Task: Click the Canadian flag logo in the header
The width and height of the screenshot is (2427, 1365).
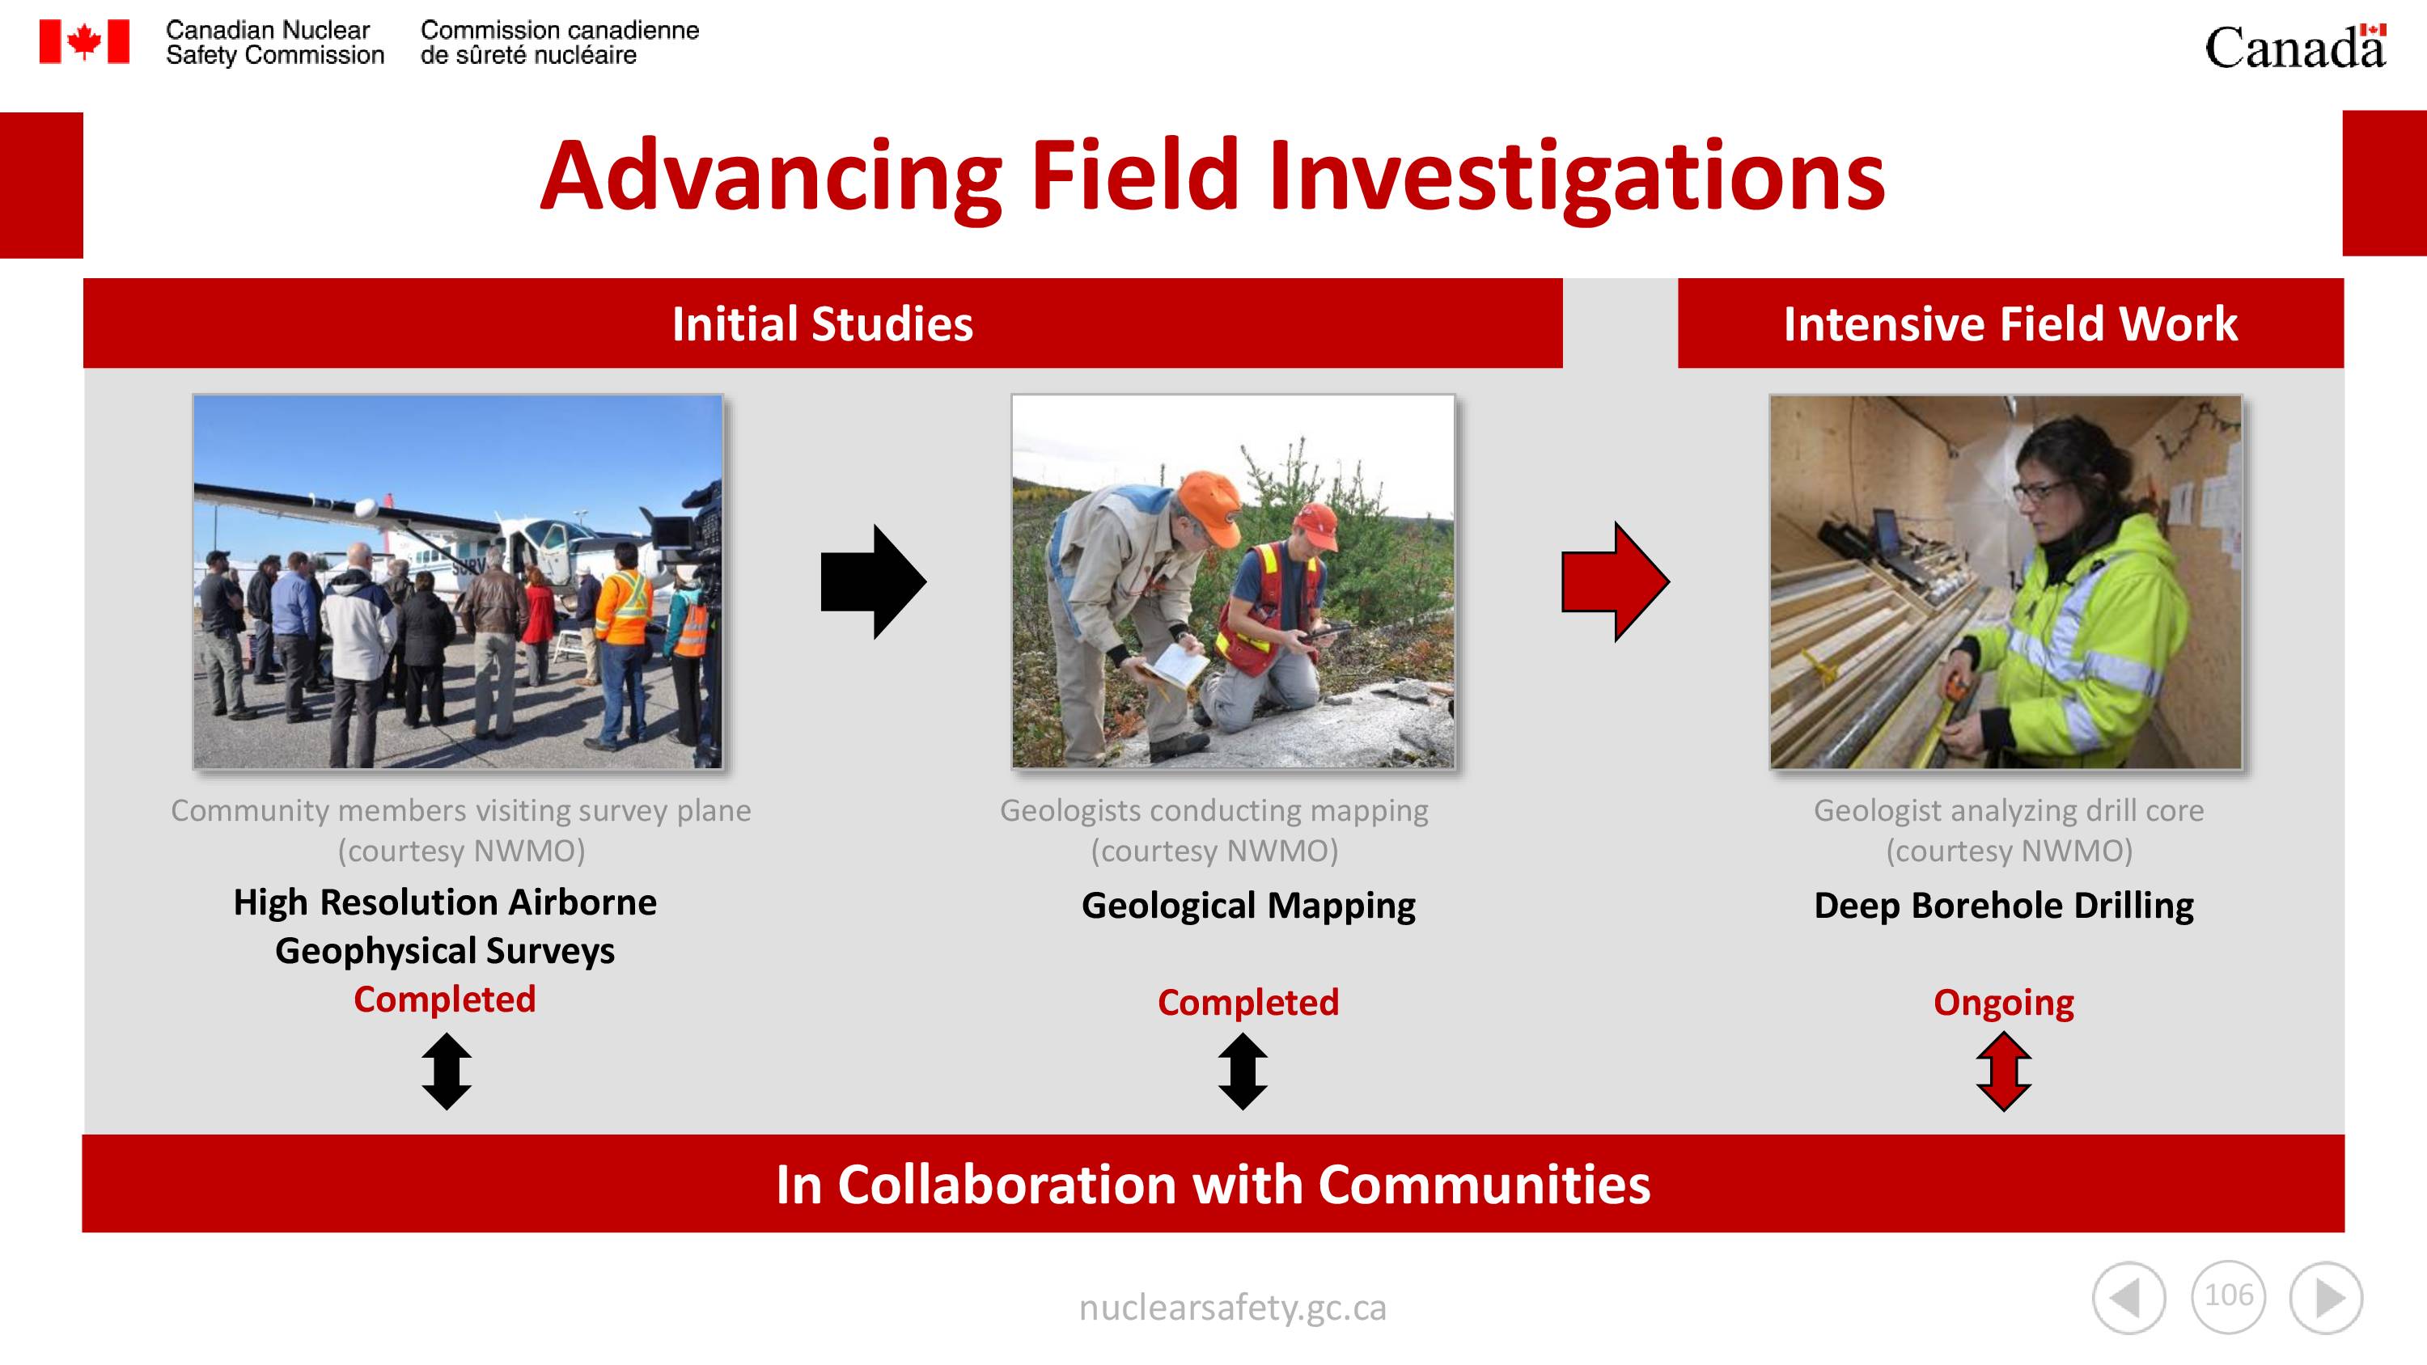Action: pos(84,41)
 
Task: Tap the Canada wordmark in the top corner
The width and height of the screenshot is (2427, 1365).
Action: pos(2295,46)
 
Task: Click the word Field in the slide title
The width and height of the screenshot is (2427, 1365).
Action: pos(1134,175)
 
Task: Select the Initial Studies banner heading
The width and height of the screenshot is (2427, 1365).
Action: pos(823,324)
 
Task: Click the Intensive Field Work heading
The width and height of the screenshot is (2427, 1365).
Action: pos(2010,324)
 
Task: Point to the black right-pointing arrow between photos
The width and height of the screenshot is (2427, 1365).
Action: pos(874,581)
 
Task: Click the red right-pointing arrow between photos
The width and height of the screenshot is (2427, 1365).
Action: pos(1615,581)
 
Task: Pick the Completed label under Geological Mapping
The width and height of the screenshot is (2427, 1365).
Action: pos(1248,1002)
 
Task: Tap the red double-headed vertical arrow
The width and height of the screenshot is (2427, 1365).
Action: pos(2004,1071)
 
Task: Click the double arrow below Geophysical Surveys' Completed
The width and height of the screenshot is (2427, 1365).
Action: pos(447,1071)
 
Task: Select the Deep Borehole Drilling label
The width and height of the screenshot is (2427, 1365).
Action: pos(2004,906)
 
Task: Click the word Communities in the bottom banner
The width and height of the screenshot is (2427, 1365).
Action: pos(1484,1184)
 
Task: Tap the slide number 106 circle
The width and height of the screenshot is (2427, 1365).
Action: pos(2228,1296)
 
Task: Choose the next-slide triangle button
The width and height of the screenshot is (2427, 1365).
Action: pos(2326,1298)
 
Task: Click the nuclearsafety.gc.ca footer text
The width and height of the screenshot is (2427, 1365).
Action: pos(1232,1308)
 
